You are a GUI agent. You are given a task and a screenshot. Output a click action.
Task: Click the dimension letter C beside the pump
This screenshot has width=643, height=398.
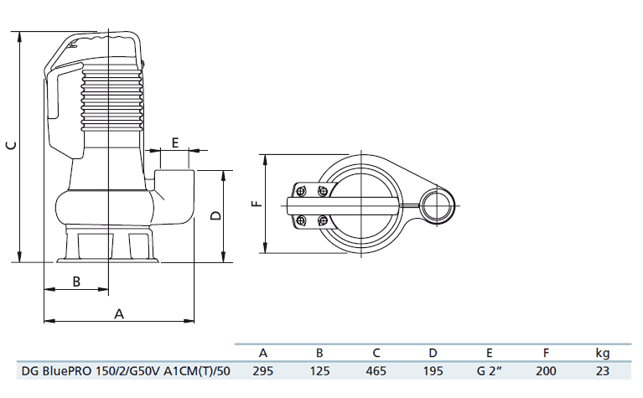9,146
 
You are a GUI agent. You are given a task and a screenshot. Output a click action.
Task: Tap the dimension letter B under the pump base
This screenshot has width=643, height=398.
76,281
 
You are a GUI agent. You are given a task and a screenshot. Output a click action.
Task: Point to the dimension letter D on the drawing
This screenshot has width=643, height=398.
215,215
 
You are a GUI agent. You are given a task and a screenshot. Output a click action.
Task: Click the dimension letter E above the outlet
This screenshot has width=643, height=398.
175,142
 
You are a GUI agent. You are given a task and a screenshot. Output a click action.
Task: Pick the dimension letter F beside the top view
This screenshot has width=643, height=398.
257,202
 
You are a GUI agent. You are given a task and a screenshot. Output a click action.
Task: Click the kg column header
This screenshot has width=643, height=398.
602,353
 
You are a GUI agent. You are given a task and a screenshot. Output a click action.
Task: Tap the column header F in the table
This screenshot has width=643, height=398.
546,353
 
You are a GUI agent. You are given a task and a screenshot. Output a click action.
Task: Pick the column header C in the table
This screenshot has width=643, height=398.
376,353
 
